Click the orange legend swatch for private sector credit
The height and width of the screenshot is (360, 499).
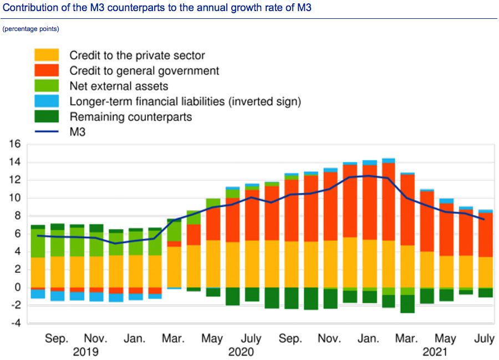(47, 55)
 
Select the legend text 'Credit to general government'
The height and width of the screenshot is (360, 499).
(144, 70)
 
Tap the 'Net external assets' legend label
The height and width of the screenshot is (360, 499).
(119, 86)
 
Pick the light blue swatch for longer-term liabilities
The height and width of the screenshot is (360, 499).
(47, 102)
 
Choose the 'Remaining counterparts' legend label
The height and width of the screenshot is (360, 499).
(131, 116)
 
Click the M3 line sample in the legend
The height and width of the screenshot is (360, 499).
(47, 131)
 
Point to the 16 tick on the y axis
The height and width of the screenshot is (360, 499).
(14, 144)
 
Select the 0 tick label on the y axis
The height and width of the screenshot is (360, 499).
(17, 287)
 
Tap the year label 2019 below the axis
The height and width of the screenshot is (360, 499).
(86, 352)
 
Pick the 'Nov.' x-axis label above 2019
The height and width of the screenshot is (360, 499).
(95, 338)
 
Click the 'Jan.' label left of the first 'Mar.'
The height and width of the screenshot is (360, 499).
(135, 338)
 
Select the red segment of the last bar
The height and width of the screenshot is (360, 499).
(486, 235)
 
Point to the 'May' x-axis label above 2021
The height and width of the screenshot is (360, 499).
(445, 338)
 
